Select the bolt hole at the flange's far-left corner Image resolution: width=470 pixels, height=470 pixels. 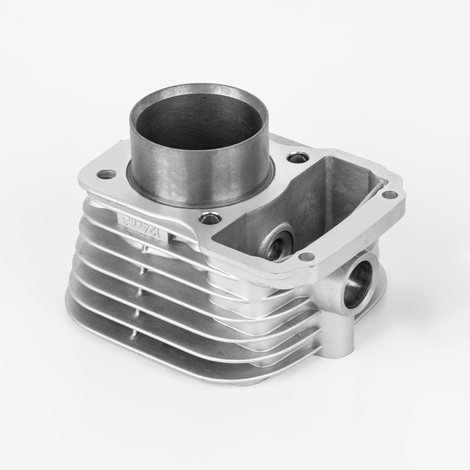coord(106,174)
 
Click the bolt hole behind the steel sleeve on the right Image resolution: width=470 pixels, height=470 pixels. coord(296,157)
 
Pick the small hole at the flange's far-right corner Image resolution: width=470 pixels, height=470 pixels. coord(389,194)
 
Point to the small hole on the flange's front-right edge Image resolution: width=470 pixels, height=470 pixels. coord(305,256)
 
